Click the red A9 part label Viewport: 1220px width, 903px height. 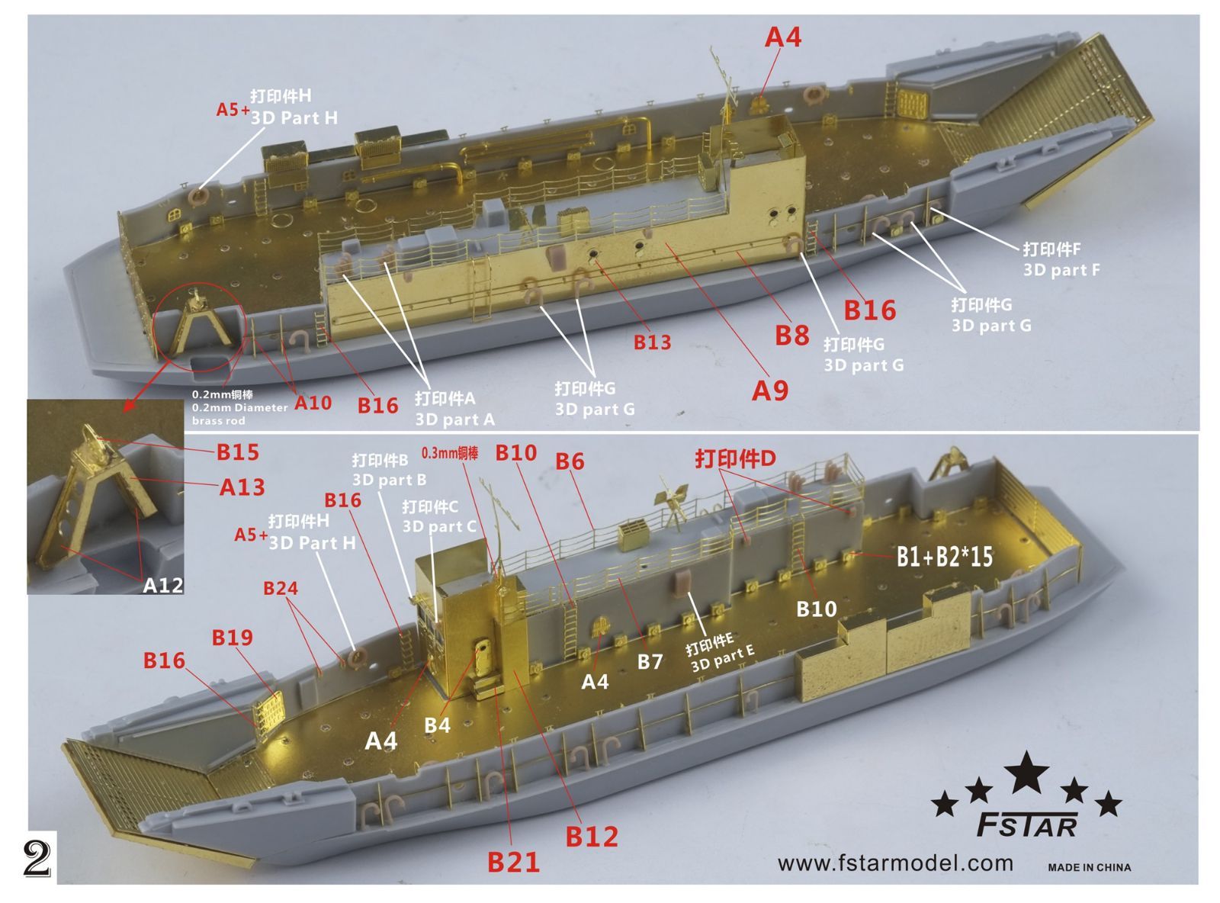tap(770, 390)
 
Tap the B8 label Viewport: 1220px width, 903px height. tap(791, 335)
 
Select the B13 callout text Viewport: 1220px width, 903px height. tap(652, 342)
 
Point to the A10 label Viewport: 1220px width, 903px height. tap(313, 403)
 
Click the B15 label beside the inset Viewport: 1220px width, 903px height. tap(238, 452)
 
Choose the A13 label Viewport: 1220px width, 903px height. tap(242, 487)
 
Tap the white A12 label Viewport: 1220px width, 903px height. tap(163, 585)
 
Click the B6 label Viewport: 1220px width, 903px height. tap(570, 461)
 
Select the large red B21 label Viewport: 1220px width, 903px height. tap(513, 862)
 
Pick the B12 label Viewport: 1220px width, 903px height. tap(591, 837)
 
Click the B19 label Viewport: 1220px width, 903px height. tap(232, 637)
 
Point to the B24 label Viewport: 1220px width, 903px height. tap(281, 588)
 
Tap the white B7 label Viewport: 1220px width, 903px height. tap(650, 661)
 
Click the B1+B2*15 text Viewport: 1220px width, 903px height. tap(944, 558)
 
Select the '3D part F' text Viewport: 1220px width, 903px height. tap(1061, 270)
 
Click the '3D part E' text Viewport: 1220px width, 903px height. tap(723, 658)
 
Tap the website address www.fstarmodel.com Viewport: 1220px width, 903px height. tap(895, 863)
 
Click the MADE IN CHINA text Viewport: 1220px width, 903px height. tap(1089, 867)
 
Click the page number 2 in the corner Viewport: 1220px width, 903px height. tap(37, 859)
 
